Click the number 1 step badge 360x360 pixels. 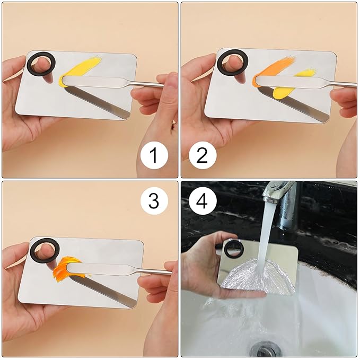coord(154,156)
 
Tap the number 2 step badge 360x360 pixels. coord(201,156)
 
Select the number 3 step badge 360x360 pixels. coord(154,201)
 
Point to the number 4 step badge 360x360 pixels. coord(201,201)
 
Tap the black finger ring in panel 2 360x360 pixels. coord(232,63)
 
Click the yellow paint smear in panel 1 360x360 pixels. coord(83,68)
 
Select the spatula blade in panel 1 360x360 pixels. coord(87,82)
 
